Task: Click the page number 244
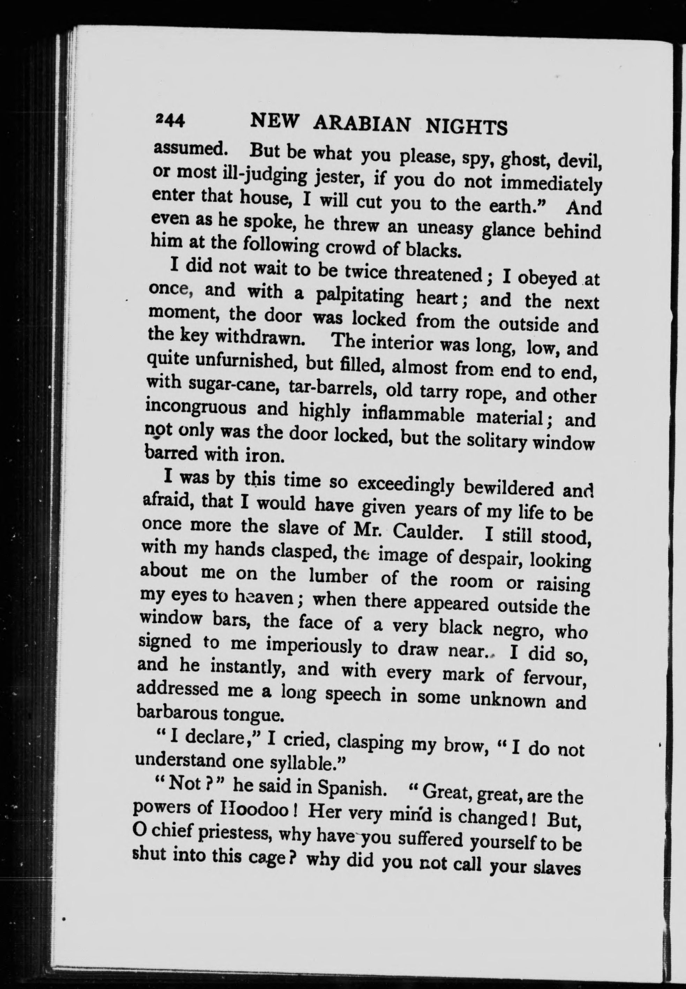pyautogui.click(x=170, y=121)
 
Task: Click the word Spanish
pyautogui.click(x=349, y=788)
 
